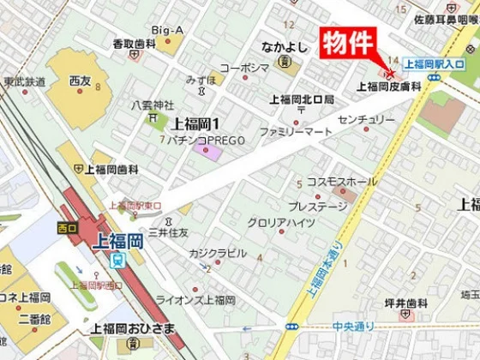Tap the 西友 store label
(x=80, y=81)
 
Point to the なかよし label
(x=285, y=47)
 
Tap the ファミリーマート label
(x=296, y=133)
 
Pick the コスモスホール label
(x=341, y=182)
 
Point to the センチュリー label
(x=367, y=118)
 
